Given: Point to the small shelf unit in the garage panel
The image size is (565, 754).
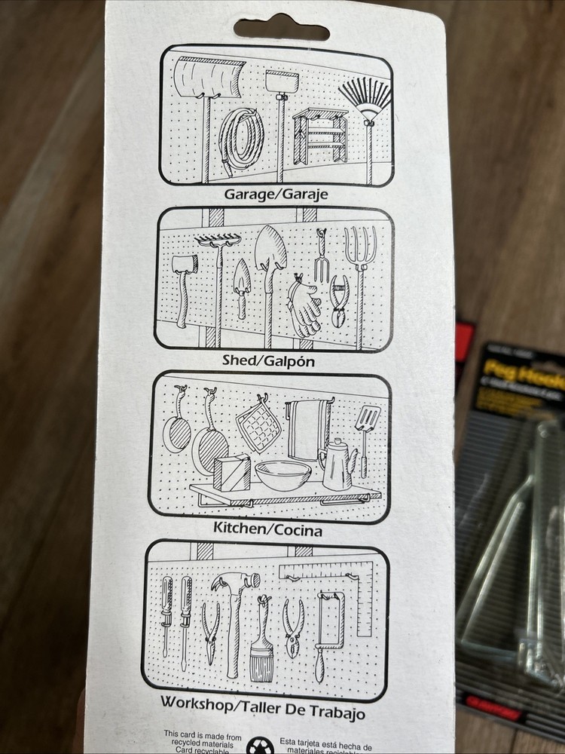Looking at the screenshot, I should click(x=320, y=136).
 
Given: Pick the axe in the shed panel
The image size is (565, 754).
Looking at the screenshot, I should click(x=184, y=275).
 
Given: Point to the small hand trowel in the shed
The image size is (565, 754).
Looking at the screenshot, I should click(x=240, y=283).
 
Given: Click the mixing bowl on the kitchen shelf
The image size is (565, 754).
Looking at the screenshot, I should click(x=283, y=475).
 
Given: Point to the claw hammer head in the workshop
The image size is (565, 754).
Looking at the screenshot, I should click(x=235, y=583).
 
